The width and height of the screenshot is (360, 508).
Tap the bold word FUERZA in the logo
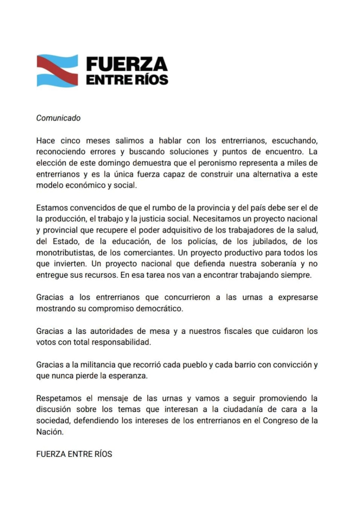coord(126,64)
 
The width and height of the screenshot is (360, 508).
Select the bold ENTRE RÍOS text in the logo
coord(127,80)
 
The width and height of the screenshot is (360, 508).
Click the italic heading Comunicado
coord(58,118)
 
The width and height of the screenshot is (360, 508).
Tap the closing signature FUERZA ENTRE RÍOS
coord(74,454)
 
